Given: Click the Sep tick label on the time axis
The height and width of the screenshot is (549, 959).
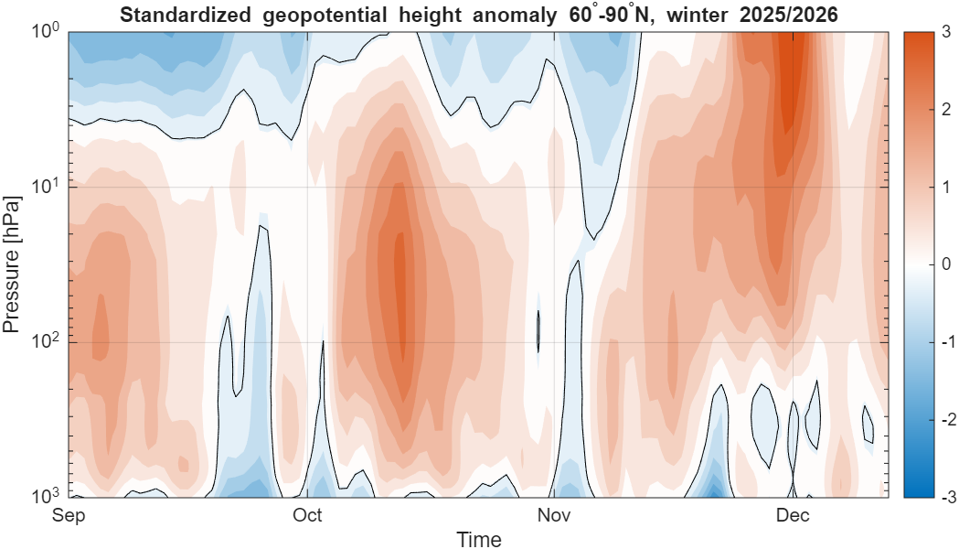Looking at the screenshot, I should (x=69, y=516).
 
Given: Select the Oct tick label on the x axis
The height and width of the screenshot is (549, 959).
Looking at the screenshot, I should (x=307, y=516).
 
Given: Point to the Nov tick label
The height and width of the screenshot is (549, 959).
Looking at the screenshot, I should (x=554, y=516).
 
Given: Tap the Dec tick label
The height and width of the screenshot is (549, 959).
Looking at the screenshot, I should (x=793, y=516).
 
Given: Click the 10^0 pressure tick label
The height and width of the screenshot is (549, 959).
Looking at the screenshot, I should (x=45, y=31).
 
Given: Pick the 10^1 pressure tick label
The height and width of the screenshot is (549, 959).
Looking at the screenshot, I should (x=45, y=186).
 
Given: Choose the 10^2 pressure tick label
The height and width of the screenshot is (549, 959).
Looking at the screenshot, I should (x=45, y=340).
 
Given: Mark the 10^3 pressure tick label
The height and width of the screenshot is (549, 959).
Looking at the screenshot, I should (x=45, y=495).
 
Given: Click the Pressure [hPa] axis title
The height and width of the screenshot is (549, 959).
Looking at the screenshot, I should (x=13, y=264).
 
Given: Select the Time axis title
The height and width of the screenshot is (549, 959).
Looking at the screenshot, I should (x=479, y=539).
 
